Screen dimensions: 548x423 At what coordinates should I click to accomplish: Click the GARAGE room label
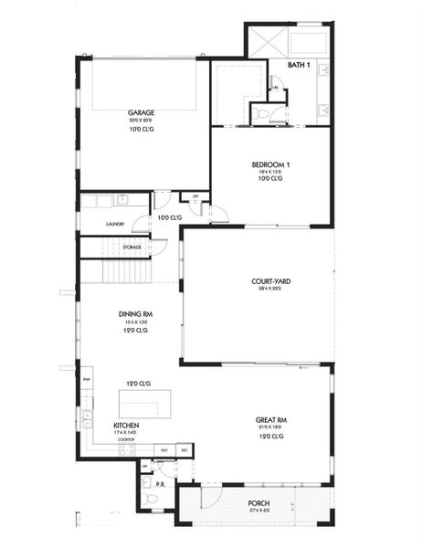tap(140, 113)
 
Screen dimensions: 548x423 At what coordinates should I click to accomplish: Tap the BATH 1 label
tap(299, 66)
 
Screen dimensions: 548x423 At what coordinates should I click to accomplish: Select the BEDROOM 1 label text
tap(270, 164)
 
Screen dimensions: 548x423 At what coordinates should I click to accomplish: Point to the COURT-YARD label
tap(271, 281)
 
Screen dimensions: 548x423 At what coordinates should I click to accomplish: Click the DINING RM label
tap(135, 314)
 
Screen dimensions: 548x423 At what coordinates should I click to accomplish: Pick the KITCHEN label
tap(126, 426)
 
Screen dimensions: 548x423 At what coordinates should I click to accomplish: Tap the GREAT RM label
tap(272, 421)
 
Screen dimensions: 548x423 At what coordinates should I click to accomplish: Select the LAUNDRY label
tap(115, 224)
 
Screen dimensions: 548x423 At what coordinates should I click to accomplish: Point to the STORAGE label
tap(132, 248)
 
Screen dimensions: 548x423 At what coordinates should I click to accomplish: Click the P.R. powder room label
tap(159, 484)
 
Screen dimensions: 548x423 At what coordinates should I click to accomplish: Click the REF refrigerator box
tap(164, 450)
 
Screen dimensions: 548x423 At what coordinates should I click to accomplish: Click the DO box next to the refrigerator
tap(184, 450)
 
